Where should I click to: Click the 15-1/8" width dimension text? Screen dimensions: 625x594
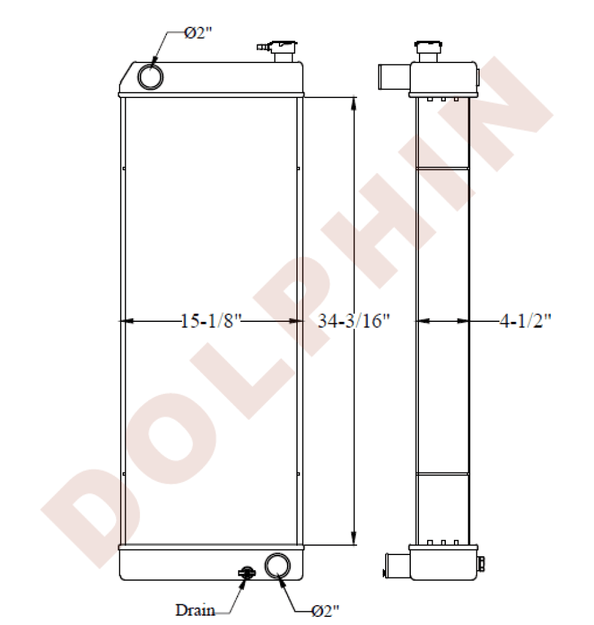pos(210,321)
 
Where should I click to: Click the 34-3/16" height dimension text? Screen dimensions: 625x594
pos(353,321)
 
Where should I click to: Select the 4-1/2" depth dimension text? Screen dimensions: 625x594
pos(524,321)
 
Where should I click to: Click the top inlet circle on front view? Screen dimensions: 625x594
pos(151,76)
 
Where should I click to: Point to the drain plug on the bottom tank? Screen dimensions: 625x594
pos(247,572)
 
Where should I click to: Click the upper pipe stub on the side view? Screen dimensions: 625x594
pos(392,78)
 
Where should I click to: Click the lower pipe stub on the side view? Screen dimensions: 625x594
pos(395,566)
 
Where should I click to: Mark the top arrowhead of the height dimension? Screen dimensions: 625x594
pos(355,104)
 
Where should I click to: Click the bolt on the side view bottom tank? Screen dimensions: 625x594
pos(481,564)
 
